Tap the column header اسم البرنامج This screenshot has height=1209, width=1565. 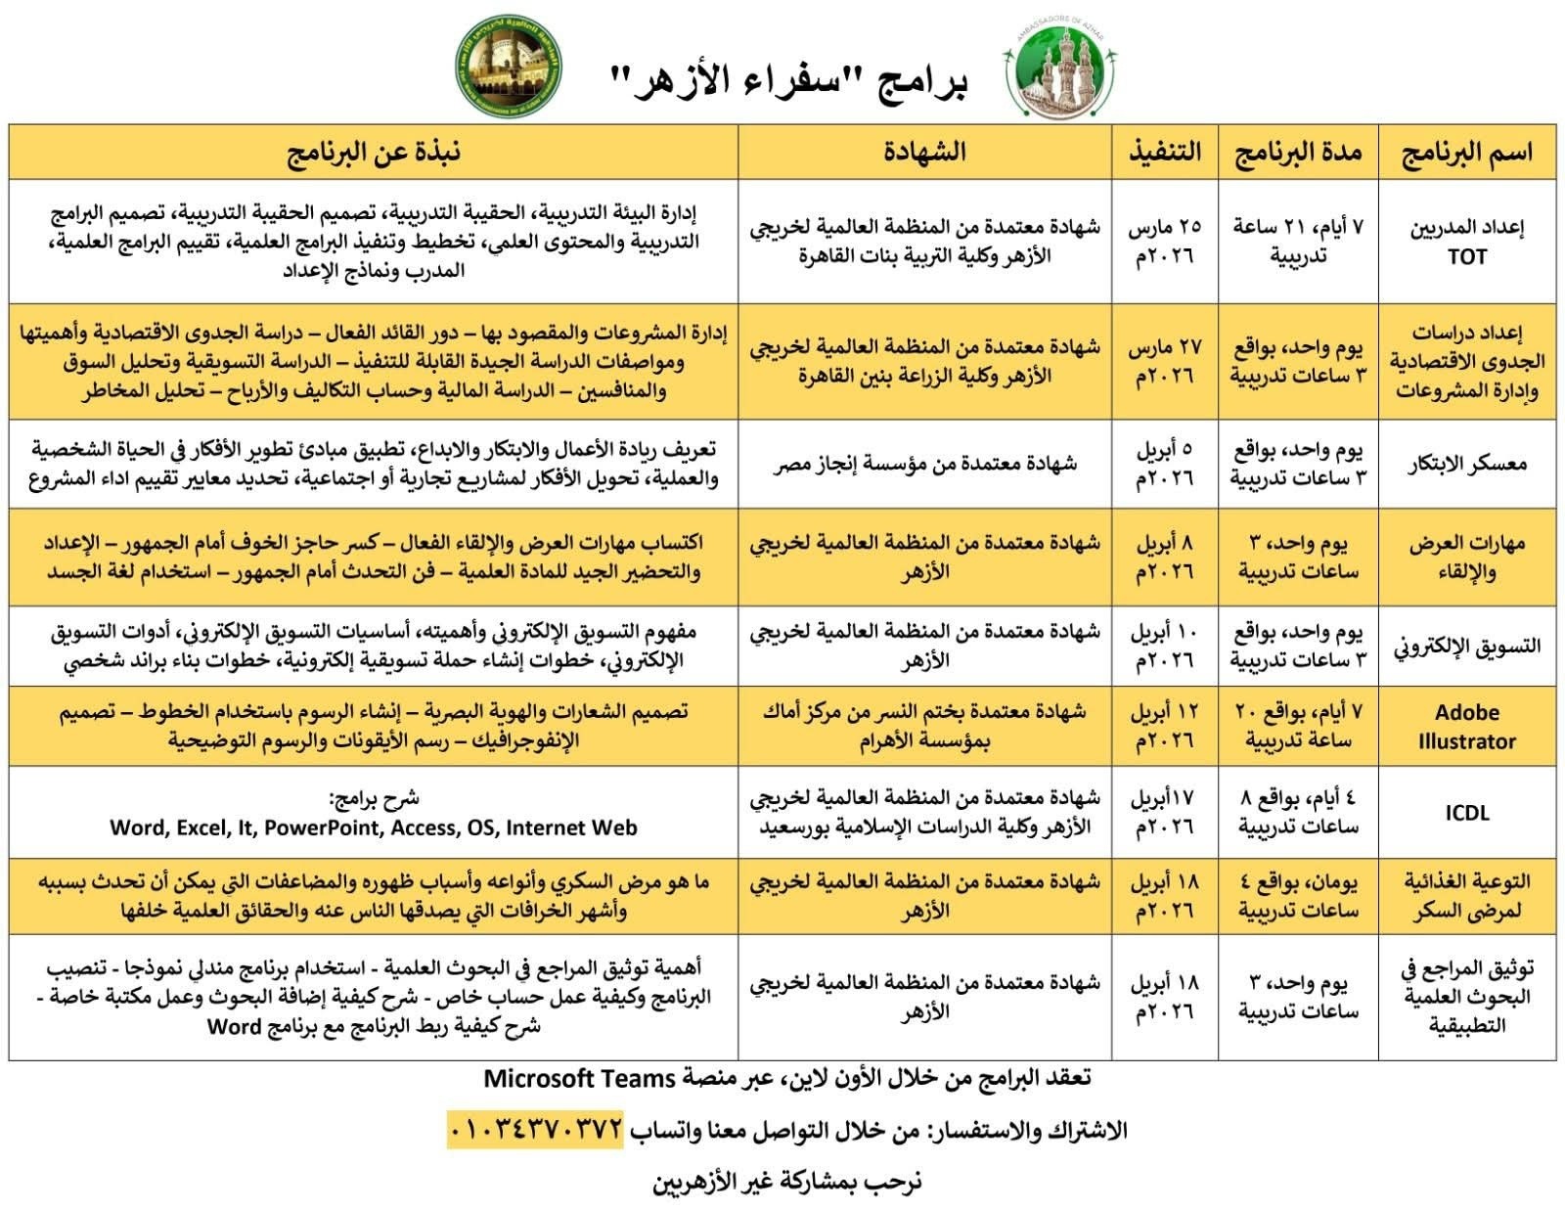pos(1466,153)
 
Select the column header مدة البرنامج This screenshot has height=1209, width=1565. pos(1298,153)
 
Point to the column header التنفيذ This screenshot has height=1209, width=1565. pos(1164,153)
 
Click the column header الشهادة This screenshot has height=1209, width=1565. pos(924,153)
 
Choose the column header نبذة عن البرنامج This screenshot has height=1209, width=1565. pos(374,153)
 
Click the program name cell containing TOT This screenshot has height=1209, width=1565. pos(1466,242)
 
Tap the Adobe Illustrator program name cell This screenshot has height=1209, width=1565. pos(1466,726)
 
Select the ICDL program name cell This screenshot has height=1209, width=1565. pos(1466,813)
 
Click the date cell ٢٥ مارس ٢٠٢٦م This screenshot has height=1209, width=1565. pos(1164,242)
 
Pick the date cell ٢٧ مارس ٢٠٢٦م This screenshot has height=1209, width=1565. pos(1164,361)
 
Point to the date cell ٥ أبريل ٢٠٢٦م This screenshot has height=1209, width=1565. pos(1164,464)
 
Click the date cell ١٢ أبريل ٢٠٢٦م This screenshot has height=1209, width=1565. pos(1164,726)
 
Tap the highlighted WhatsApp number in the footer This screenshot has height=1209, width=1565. pos(536,1129)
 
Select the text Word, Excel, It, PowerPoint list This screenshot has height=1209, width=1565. pos(374,828)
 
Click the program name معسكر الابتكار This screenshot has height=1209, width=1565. pos(1466,464)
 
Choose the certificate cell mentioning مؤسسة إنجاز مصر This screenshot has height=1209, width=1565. pos(924,464)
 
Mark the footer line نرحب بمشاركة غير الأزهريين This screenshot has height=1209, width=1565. pos(787,1182)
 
